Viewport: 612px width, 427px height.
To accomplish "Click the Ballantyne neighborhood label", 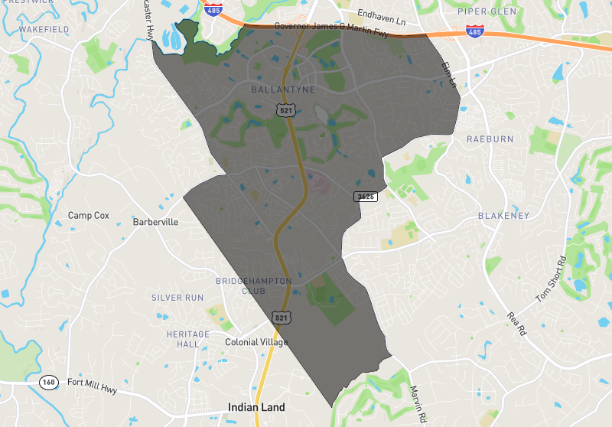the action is tap(282, 90).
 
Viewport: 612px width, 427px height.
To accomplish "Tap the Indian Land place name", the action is tap(256, 407).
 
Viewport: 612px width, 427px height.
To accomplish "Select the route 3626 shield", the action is tap(365, 197).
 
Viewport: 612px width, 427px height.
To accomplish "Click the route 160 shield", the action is tap(50, 382).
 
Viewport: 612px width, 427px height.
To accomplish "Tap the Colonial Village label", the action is tap(256, 342).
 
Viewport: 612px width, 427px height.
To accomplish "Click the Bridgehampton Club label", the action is tap(253, 286).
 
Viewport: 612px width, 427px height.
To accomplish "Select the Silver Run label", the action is tap(177, 297).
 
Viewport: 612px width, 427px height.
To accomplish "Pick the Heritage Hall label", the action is tap(187, 339).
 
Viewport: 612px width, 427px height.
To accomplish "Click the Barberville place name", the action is tap(155, 222).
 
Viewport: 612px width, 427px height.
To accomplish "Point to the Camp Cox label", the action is tap(89, 216).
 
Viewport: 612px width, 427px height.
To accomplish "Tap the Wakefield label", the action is tap(44, 29).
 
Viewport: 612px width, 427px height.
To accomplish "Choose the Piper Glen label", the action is tap(488, 11).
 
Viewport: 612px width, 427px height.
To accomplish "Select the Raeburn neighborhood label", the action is tap(489, 139).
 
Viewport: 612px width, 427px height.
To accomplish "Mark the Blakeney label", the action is tap(503, 216).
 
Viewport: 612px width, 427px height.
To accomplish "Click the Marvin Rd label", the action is tap(416, 404).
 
